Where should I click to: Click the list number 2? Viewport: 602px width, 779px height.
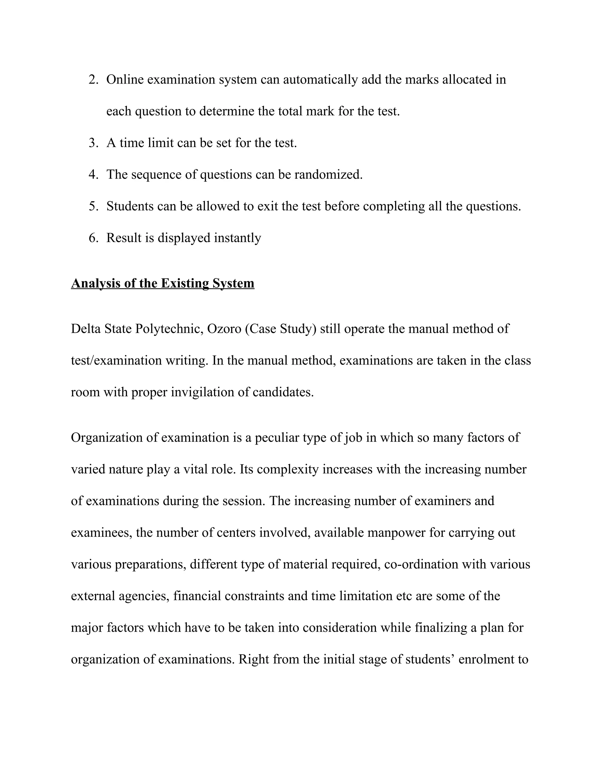point(93,80)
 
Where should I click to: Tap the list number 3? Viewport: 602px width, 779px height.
point(93,143)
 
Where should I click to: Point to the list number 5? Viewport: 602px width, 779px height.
point(93,207)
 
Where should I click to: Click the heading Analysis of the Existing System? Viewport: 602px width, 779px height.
point(163,283)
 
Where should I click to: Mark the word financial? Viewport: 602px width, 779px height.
point(197,596)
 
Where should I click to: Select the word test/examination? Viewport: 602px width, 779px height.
point(116,361)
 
